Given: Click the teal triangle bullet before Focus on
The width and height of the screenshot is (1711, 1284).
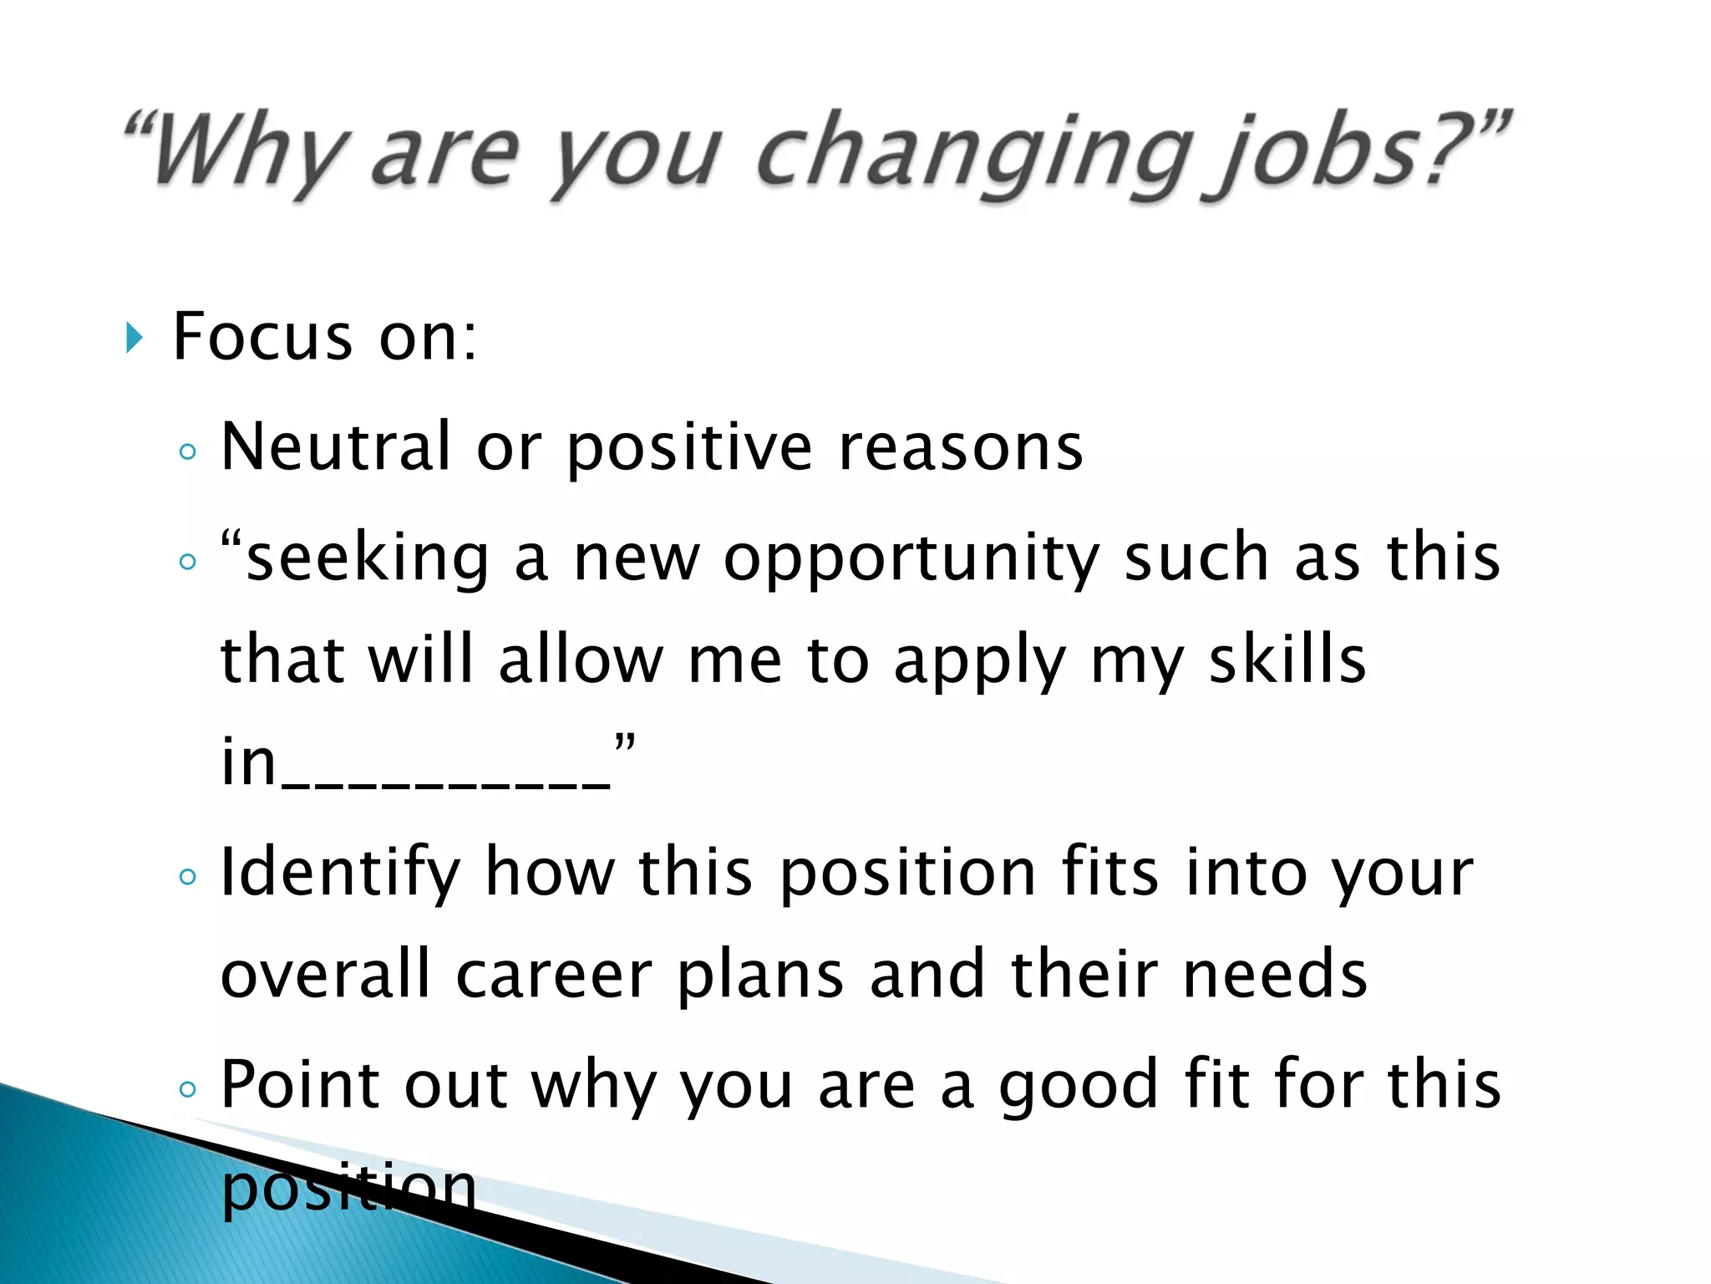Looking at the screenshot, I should [135, 338].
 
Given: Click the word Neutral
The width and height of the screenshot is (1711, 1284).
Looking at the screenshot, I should [335, 446].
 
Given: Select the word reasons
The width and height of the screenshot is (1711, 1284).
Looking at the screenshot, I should [960, 448].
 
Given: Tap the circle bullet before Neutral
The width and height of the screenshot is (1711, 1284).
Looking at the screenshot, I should [188, 452].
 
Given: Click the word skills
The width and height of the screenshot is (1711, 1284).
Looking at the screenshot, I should [1287, 660].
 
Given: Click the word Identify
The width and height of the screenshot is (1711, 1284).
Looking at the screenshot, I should [339, 874].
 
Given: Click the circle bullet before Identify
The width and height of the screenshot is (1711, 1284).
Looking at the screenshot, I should [188, 877].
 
